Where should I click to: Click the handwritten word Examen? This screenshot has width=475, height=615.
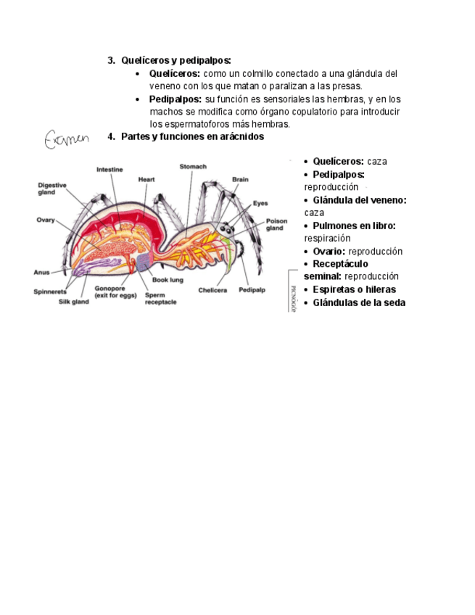[x=67, y=138]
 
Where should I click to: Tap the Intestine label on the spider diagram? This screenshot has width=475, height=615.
[x=110, y=170]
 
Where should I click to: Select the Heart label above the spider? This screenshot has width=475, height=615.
[x=146, y=179]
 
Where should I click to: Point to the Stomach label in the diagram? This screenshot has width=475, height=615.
[x=193, y=167]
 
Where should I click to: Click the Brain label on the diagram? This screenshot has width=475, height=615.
[x=240, y=179]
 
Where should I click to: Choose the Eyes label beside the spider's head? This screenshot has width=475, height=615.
[x=260, y=203]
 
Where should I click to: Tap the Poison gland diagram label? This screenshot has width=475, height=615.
[x=276, y=224]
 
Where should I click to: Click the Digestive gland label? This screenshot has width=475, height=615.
[x=52, y=189]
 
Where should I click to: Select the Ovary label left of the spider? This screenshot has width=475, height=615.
[x=46, y=220]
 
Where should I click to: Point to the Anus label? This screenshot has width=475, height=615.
[x=42, y=273]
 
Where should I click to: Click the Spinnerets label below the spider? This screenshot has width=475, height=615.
[x=50, y=292]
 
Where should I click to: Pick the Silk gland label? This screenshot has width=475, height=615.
[x=74, y=302]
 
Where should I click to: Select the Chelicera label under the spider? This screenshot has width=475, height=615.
[x=212, y=290]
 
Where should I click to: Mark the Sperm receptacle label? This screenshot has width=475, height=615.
[x=160, y=299]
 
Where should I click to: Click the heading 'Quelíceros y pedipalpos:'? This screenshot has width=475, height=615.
[x=176, y=60]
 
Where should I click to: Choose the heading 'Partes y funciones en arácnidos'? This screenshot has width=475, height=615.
[x=192, y=136]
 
